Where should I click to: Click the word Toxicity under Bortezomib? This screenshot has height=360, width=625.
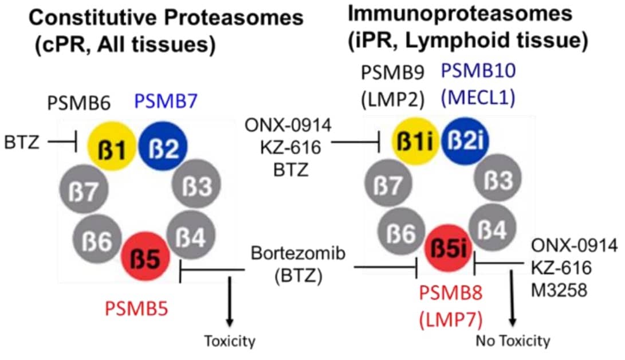pos(230,341)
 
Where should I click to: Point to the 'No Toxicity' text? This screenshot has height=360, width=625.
pos(513,341)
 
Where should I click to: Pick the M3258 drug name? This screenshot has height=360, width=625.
pos(559,290)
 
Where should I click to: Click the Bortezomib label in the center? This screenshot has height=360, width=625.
pos(298,253)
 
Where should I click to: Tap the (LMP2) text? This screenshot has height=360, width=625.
pos(392,98)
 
